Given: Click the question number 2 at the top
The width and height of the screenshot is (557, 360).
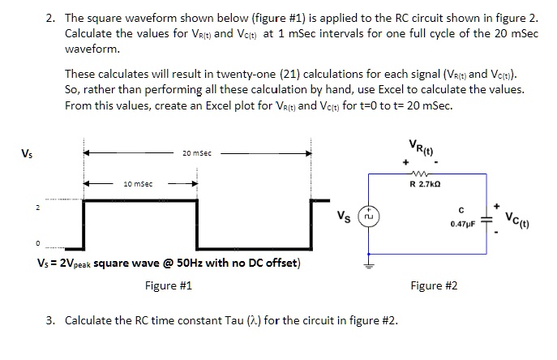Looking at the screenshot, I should coord(49,16).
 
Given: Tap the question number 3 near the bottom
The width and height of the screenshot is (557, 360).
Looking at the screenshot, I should coord(49,320).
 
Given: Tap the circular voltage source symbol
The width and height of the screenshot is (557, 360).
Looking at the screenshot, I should coord(369,217).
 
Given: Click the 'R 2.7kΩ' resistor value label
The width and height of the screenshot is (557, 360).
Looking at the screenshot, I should coord(426,186).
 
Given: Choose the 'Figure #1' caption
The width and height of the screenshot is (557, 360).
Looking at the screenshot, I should coord(168,285).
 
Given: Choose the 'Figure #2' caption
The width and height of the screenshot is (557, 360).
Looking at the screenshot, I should coord(434,285).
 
